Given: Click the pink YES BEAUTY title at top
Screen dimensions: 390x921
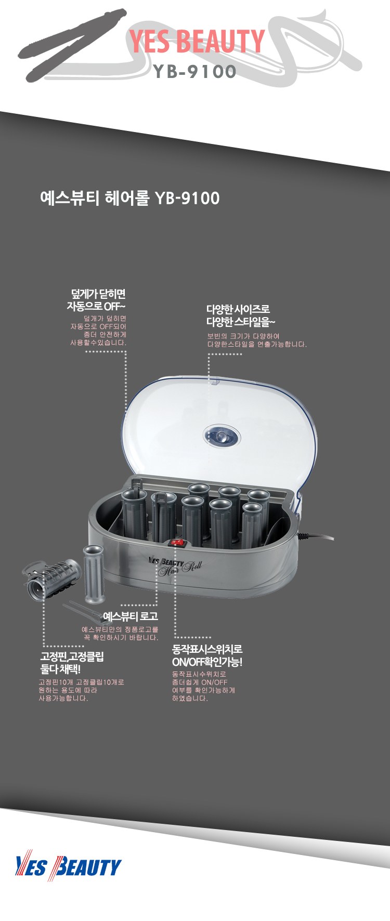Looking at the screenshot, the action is [x=197, y=42].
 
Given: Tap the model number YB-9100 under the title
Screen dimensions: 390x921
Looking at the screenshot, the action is [x=195, y=72].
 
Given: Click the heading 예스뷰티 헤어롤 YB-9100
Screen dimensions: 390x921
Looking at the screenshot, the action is [x=130, y=198].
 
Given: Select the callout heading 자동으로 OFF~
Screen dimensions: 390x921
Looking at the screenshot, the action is [x=96, y=307].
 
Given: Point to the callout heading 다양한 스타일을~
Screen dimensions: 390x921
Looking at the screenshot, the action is [x=241, y=322].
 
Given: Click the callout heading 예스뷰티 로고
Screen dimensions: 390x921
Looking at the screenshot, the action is [x=131, y=616].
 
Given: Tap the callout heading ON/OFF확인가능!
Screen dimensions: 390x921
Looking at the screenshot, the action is [x=207, y=662].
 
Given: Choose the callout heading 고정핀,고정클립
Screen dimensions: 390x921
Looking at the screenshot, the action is [x=72, y=656].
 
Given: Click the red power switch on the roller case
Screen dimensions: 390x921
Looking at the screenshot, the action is [x=177, y=543].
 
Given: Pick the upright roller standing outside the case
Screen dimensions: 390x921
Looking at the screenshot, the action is [x=94, y=574].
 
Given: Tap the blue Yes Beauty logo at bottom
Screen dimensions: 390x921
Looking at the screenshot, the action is [x=68, y=866].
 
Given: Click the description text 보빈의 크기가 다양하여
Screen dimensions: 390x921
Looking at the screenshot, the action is [x=243, y=336].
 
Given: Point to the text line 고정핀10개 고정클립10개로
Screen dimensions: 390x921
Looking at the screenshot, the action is [x=82, y=682].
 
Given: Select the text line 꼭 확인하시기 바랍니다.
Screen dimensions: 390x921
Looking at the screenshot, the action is [x=121, y=638].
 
